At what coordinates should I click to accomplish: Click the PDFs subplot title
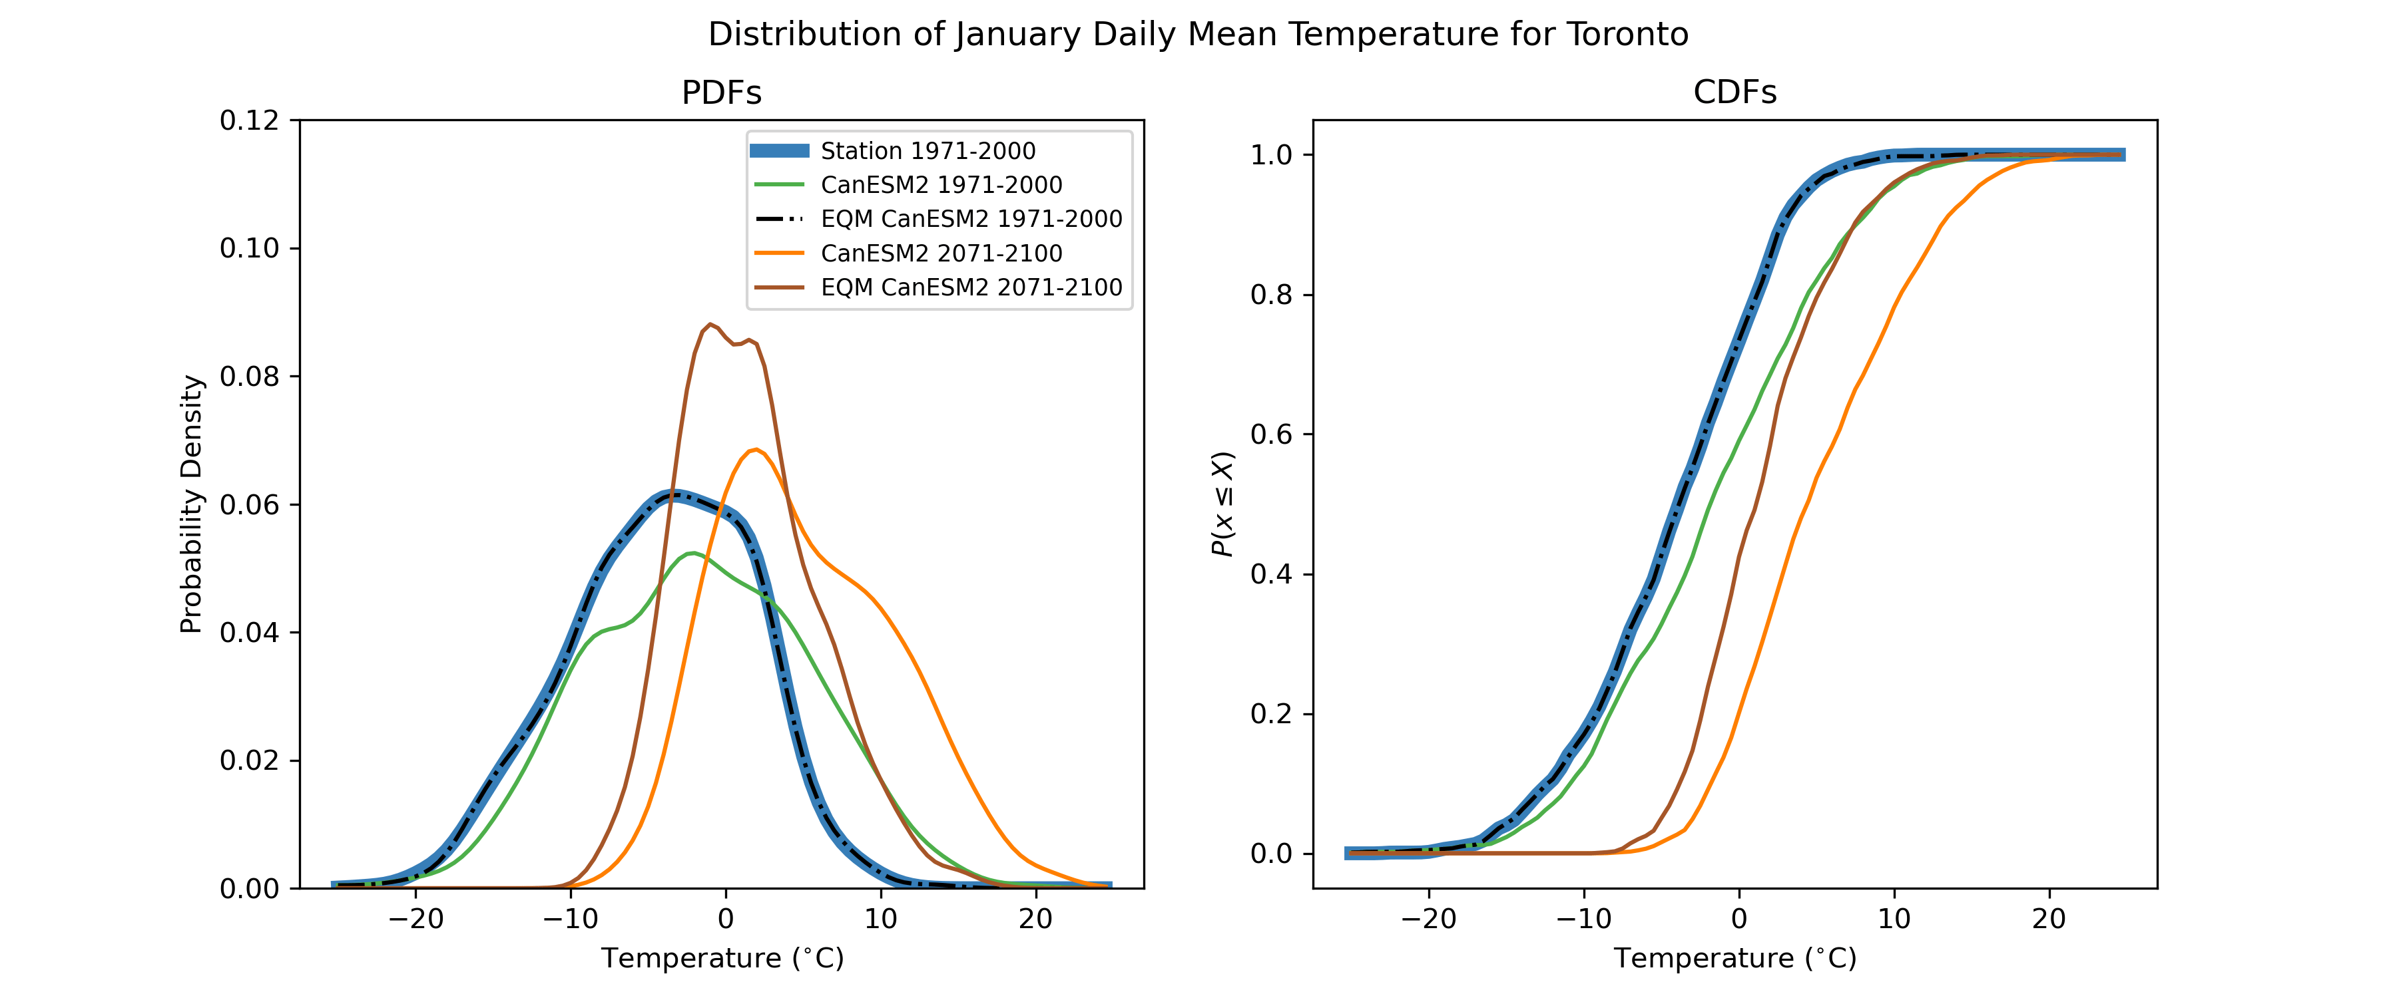pos(721,93)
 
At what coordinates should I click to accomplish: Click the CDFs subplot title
pos(1734,93)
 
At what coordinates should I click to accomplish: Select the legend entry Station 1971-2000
pos(927,150)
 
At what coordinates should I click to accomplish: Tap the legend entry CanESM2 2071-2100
pos(941,253)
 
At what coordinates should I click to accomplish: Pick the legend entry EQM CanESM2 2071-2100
pos(971,287)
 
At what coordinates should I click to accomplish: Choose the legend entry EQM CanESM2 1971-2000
pos(971,219)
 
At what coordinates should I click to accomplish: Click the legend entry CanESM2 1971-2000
pos(941,185)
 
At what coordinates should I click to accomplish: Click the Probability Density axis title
pos(192,504)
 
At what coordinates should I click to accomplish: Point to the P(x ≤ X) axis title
pos(1222,504)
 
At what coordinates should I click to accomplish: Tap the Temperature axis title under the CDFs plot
pos(1734,959)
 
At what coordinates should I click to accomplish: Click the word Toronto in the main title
pos(1627,35)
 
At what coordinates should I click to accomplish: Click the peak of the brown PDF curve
pos(710,325)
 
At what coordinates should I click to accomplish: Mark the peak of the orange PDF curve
pos(756,450)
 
